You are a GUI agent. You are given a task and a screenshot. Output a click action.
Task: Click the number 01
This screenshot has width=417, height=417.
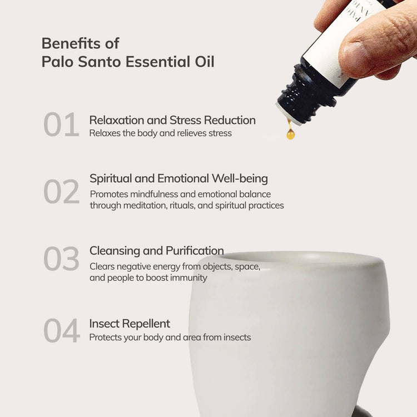pyautogui.click(x=61, y=124)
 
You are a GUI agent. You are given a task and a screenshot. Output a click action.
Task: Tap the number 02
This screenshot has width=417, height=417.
pyautogui.click(x=61, y=191)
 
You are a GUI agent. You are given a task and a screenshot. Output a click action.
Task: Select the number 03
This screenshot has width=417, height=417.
pyautogui.click(x=61, y=258)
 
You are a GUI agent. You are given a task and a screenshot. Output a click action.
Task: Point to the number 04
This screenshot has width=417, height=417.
pyautogui.click(x=62, y=331)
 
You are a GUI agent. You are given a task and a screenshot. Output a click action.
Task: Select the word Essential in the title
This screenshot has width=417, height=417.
pyautogui.click(x=158, y=62)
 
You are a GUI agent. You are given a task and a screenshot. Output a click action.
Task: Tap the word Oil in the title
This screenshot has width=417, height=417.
pyautogui.click(x=205, y=62)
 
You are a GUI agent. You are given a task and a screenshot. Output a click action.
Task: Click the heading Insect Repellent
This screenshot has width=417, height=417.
pyautogui.click(x=130, y=324)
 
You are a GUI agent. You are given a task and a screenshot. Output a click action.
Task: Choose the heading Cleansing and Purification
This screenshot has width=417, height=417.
pyautogui.click(x=157, y=251)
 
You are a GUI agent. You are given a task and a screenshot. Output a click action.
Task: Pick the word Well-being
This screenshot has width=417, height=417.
pyautogui.click(x=240, y=178)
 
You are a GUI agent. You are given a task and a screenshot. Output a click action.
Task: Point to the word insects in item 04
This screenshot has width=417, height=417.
pyautogui.click(x=237, y=337)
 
